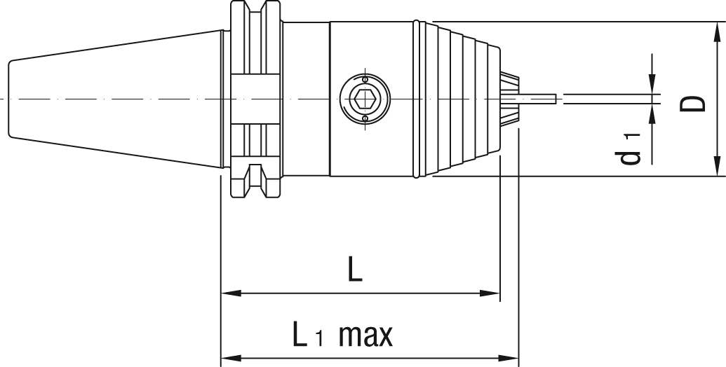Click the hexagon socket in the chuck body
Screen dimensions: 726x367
[365, 99]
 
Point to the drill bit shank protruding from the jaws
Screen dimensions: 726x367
[537, 99]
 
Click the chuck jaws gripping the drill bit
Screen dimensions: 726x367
[509, 99]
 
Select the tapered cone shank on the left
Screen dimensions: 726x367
[116, 99]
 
